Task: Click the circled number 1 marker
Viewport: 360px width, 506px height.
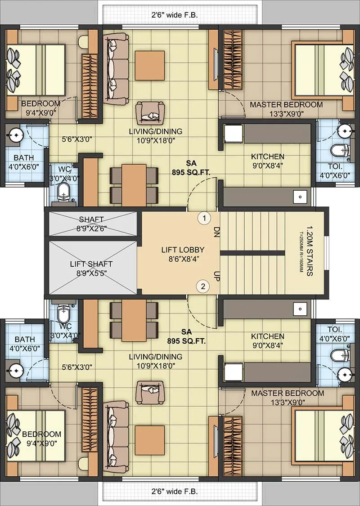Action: [204, 219]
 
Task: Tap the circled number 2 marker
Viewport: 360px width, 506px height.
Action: [203, 286]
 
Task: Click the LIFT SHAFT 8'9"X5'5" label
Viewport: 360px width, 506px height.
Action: [91, 268]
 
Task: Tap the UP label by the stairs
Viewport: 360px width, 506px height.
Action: [216, 275]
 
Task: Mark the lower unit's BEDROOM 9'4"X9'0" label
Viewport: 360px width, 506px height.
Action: [41, 439]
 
